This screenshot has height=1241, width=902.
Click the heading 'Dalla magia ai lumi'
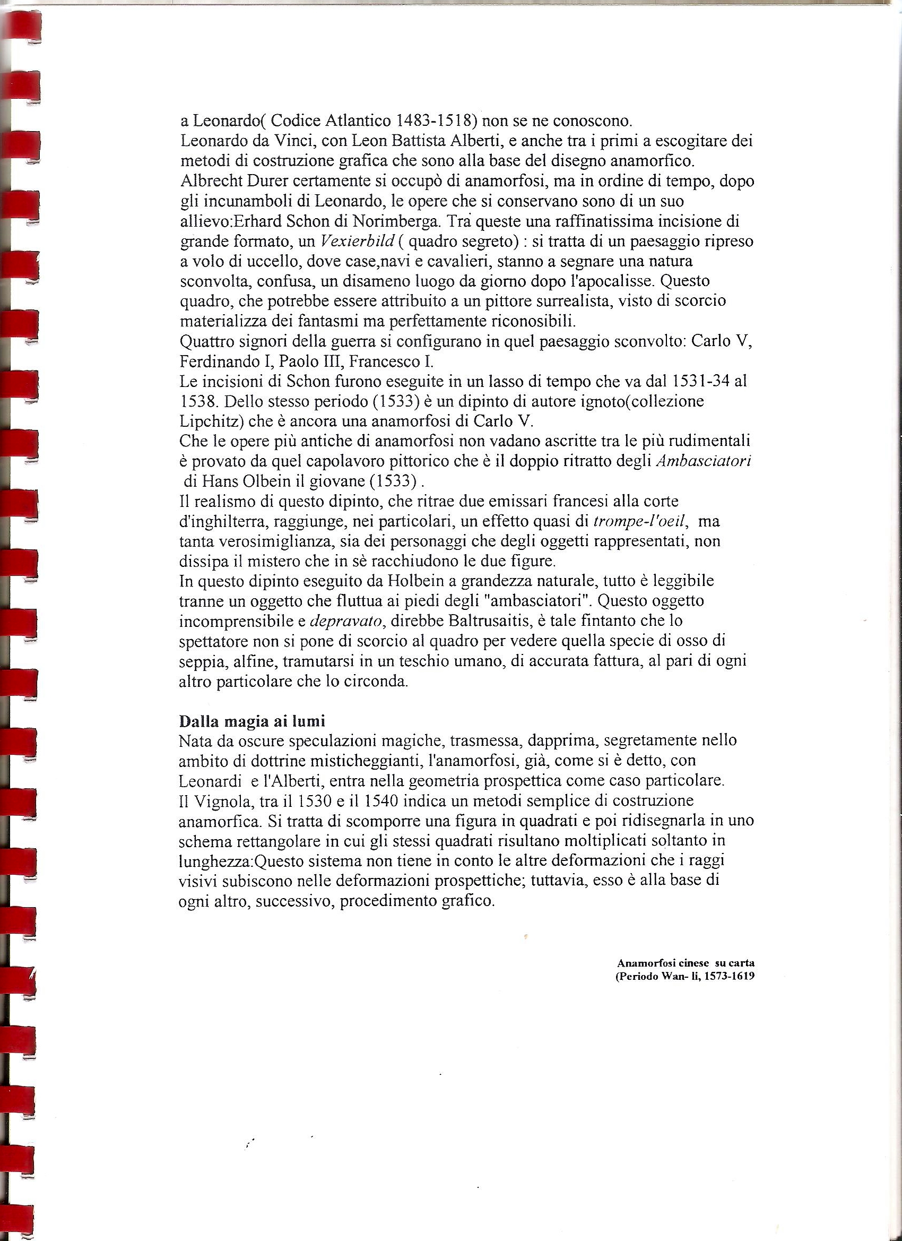click(x=251, y=721)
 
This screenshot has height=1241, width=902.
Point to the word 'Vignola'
click(x=229, y=800)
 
